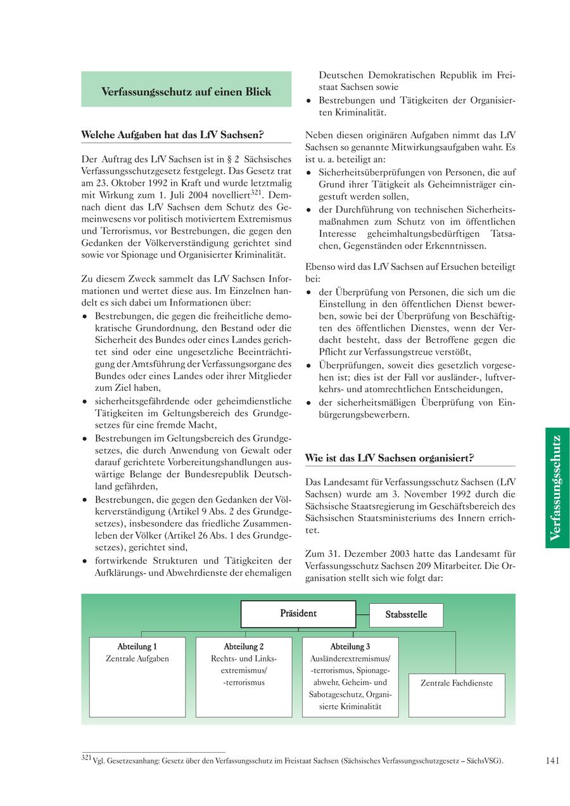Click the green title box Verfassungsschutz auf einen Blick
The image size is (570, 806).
coord(186,91)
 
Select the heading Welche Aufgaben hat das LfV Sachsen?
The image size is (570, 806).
coord(172,135)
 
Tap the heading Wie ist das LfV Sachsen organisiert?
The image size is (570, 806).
coord(389,457)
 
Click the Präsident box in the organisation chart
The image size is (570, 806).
coord(298,613)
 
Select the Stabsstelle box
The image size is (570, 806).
coord(406,615)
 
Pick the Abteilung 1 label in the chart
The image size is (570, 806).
coord(137,646)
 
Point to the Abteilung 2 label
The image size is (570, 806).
coord(244,646)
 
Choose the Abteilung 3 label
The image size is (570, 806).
coord(350,646)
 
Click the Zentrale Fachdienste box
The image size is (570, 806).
coord(457,683)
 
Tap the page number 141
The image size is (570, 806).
coord(552,761)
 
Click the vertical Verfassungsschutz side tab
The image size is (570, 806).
coord(557,487)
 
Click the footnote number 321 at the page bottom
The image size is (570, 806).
coord(87,758)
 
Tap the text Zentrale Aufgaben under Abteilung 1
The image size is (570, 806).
coord(137,659)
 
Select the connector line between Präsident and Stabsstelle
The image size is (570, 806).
coord(362,615)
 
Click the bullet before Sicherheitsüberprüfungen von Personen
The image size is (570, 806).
coord(308,172)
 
